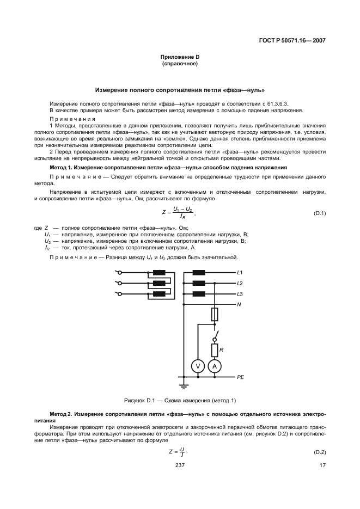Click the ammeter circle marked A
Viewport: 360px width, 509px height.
click(215, 366)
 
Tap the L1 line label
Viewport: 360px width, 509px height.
click(240, 273)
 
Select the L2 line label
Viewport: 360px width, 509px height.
click(240, 283)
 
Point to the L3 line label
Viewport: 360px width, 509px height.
click(240, 294)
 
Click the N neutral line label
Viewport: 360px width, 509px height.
click(239, 304)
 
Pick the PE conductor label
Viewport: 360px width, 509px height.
click(241, 377)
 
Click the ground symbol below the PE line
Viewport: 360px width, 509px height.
click(184, 386)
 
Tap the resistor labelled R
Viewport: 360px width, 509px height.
click(215, 349)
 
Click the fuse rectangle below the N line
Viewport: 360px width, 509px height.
click(215, 315)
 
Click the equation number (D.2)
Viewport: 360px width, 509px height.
click(319, 452)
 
